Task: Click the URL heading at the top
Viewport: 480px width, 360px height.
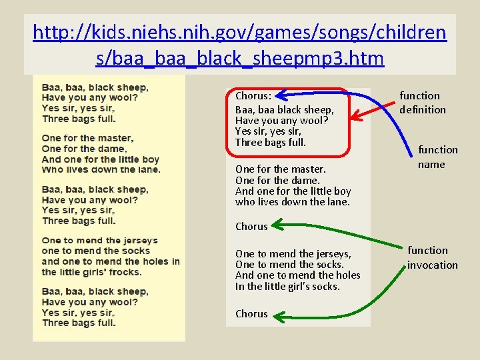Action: tap(240, 45)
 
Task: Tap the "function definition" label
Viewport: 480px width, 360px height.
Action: tap(423, 103)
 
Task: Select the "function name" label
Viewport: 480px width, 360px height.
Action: tap(437, 157)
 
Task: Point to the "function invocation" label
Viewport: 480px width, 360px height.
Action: tap(432, 257)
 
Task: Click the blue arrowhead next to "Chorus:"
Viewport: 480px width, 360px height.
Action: tap(278, 95)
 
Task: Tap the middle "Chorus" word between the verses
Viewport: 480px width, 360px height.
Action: tap(251, 227)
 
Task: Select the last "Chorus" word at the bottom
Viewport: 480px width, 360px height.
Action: tap(251, 314)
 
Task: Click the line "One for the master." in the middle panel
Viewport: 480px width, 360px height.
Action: tap(280, 169)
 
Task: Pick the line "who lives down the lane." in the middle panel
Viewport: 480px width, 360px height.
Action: tap(292, 202)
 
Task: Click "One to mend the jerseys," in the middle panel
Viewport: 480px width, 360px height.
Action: tap(293, 254)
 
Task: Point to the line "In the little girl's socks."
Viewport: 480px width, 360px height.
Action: tap(287, 287)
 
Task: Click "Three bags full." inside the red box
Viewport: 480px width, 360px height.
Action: tap(270, 143)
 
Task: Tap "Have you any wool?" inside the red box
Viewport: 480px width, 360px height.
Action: tap(281, 121)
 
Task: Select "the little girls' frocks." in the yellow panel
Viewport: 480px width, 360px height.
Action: tap(91, 272)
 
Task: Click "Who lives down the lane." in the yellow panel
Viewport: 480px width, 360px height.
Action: tap(101, 169)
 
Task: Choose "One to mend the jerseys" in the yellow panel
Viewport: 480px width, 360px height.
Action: tap(99, 241)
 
